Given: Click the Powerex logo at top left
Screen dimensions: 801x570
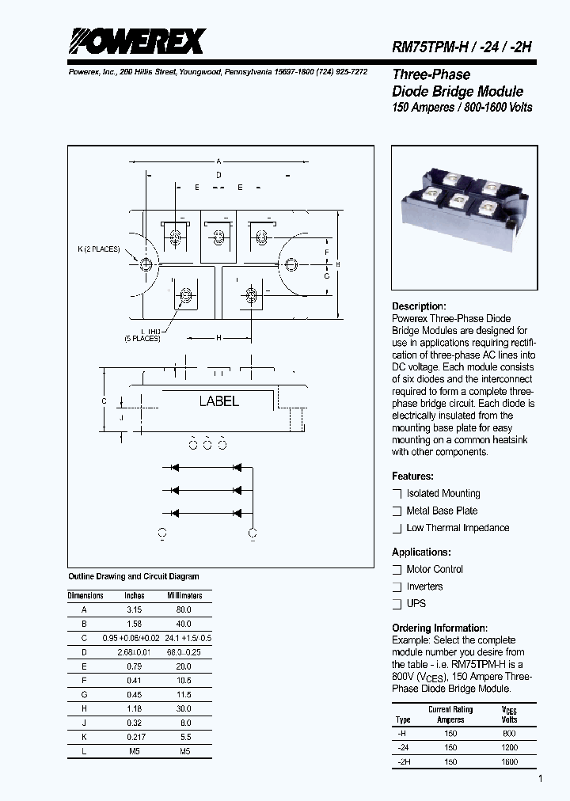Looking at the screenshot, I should [x=136, y=42].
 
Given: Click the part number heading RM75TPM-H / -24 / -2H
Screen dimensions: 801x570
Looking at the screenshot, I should [x=462, y=47].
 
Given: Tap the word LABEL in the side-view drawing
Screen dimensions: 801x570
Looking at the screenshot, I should [x=218, y=401].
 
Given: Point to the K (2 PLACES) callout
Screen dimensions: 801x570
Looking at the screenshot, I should [x=98, y=249].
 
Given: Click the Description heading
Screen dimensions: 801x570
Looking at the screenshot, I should [x=419, y=306].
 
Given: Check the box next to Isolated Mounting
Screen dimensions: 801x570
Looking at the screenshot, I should [x=397, y=493].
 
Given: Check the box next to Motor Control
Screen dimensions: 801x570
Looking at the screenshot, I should [x=397, y=570].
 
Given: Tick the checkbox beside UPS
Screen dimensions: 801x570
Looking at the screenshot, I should [x=397, y=604].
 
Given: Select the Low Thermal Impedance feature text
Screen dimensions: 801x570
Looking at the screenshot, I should [x=458, y=528].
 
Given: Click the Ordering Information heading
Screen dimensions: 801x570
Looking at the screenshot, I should [x=439, y=628].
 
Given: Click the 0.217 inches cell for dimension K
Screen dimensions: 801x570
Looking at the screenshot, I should [x=135, y=737].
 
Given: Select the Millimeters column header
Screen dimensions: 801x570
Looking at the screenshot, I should [x=184, y=596].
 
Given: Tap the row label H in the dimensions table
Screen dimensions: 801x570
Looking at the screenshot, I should [x=84, y=708].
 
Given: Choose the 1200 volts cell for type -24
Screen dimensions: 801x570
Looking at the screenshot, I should [x=509, y=747].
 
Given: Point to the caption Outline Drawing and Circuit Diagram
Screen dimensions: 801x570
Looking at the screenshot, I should [x=134, y=577].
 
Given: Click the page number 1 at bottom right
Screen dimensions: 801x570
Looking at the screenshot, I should [x=540, y=780].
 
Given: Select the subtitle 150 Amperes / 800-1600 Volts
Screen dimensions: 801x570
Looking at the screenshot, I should [x=462, y=107].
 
